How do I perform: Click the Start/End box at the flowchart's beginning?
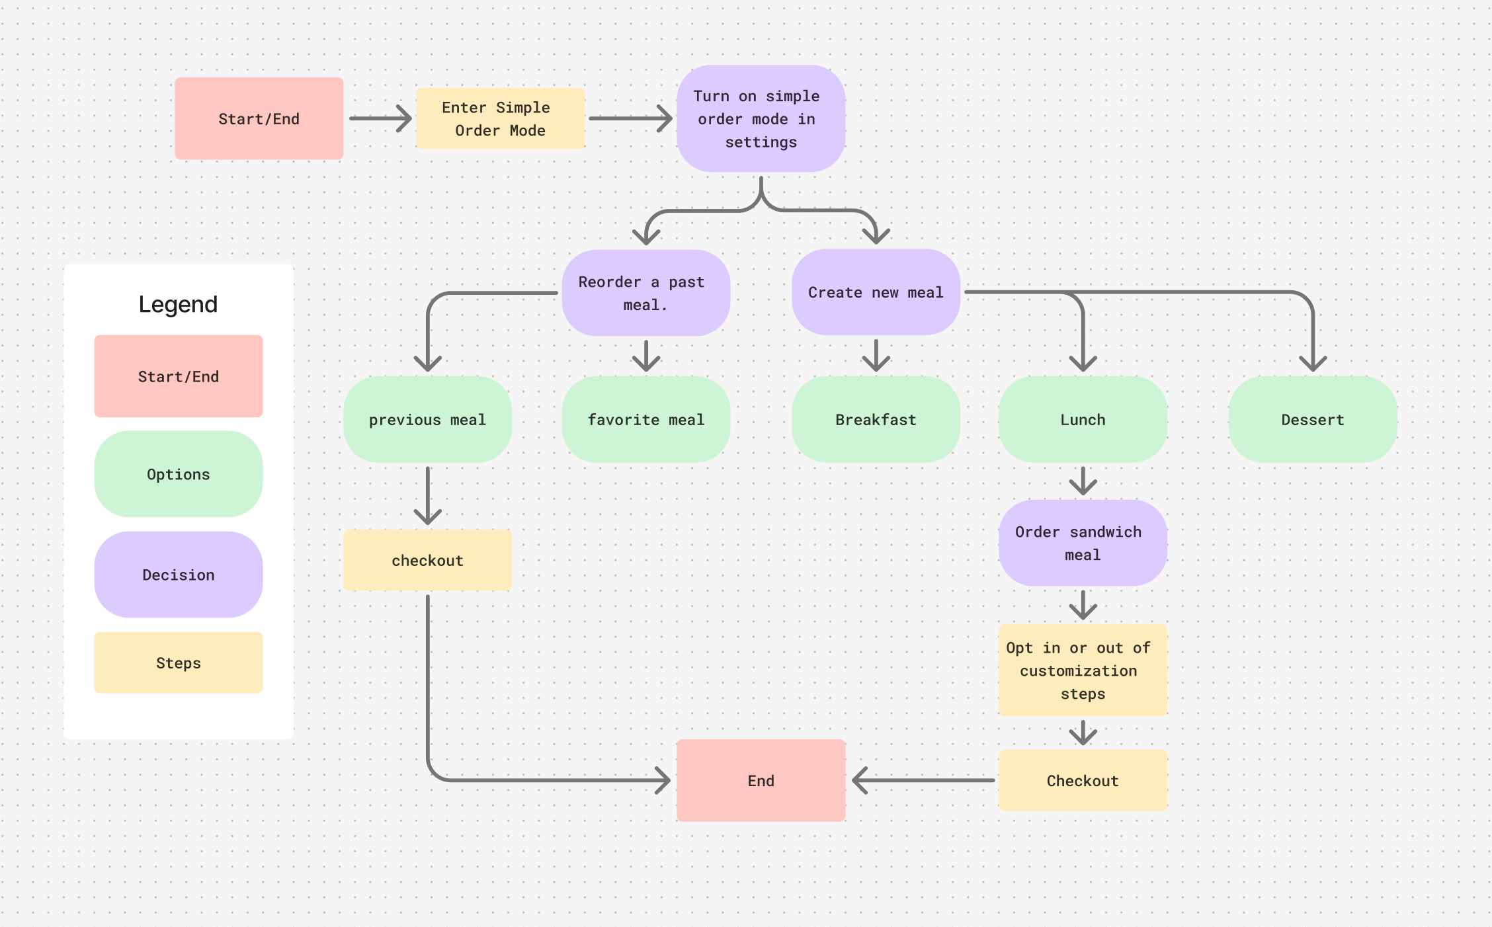click(x=259, y=118)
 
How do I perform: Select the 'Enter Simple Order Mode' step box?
click(x=500, y=118)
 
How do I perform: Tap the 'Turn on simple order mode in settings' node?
click(x=761, y=118)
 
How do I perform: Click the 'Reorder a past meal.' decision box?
click(x=645, y=293)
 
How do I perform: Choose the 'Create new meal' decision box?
click(x=876, y=292)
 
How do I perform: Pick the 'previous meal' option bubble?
click(x=427, y=419)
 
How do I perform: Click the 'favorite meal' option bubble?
click(x=645, y=419)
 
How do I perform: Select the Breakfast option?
click(x=876, y=419)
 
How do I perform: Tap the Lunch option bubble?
click(x=1083, y=419)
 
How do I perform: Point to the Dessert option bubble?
click(x=1313, y=419)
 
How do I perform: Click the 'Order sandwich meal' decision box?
click(x=1083, y=543)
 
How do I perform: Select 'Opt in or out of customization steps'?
click(x=1083, y=670)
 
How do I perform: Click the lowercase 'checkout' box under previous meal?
click(x=427, y=560)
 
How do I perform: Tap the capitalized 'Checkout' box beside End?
click(x=1083, y=780)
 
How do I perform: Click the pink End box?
click(x=761, y=780)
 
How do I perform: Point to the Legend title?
click(x=178, y=304)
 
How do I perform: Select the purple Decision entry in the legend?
click(x=178, y=575)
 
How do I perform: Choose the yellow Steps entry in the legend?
click(x=178, y=663)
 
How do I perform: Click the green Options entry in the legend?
click(x=178, y=474)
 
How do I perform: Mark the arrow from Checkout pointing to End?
click(x=923, y=780)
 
